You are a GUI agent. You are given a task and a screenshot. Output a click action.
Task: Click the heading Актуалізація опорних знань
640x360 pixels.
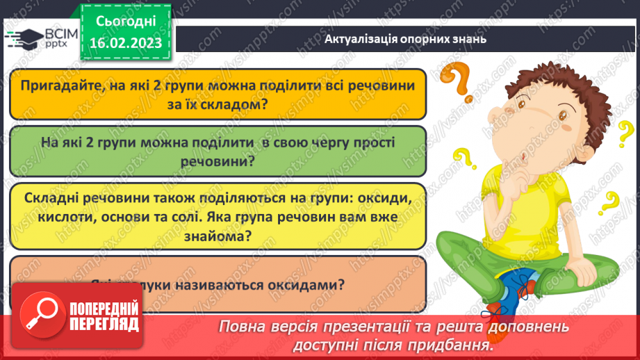point(405,39)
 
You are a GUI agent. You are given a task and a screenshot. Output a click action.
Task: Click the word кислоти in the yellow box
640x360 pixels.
point(57,217)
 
